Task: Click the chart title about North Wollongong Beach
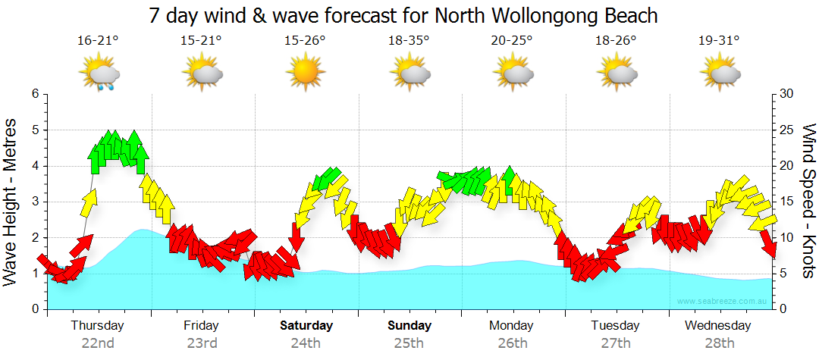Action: click(x=403, y=15)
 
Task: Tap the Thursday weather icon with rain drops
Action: click(x=99, y=74)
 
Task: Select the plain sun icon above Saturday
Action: click(x=305, y=74)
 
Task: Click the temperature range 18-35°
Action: click(x=409, y=40)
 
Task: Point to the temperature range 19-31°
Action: click(x=718, y=40)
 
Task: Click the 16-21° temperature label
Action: click(x=99, y=40)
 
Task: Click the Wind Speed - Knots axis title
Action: click(x=808, y=202)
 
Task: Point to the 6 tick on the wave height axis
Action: click(x=34, y=94)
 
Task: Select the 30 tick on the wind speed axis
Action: click(x=787, y=94)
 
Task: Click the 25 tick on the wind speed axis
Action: click(x=787, y=130)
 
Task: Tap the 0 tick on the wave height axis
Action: click(x=34, y=309)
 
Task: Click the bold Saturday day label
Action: click(x=306, y=326)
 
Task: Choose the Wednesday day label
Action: click(x=717, y=326)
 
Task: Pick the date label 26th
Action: click(x=512, y=343)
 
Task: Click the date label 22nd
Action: click(x=98, y=343)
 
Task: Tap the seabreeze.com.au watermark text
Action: click(x=723, y=301)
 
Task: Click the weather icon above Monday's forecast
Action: click(x=512, y=74)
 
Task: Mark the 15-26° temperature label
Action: click(x=305, y=40)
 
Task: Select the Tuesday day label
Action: click(x=615, y=326)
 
